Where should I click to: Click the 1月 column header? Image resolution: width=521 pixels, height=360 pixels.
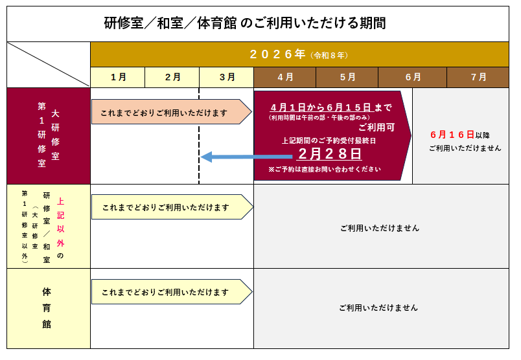pos(118,77)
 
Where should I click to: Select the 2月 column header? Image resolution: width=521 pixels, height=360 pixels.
pos(172,77)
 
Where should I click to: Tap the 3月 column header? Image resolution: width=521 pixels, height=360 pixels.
pos(227,77)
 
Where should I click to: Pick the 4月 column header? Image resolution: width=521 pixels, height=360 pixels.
pos(285,77)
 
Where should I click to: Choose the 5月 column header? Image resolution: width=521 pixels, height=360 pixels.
pos(347,77)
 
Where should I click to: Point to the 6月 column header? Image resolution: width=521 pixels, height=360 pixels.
pos(413,77)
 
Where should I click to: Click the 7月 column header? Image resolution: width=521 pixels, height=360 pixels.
pos(478,77)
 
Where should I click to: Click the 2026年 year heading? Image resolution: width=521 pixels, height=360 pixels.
pos(277,54)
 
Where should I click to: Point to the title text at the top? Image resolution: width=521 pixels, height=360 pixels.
pos(245,23)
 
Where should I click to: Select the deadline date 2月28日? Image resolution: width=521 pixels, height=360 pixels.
pos(329,154)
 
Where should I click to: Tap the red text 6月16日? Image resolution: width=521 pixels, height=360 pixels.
pos(452,135)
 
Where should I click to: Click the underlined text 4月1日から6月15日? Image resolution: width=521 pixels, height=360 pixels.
pos(321,107)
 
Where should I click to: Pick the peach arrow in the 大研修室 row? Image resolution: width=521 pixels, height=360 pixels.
pos(170,112)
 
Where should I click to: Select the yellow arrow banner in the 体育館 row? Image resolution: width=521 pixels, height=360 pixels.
pos(170,292)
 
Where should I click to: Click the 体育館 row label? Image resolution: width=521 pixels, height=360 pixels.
pos(47,308)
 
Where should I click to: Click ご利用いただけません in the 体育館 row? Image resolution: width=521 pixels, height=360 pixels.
pos(378,308)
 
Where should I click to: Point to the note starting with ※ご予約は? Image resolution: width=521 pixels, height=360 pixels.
pos(324,169)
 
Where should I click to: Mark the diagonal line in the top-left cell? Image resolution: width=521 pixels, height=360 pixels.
pos(49,64)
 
